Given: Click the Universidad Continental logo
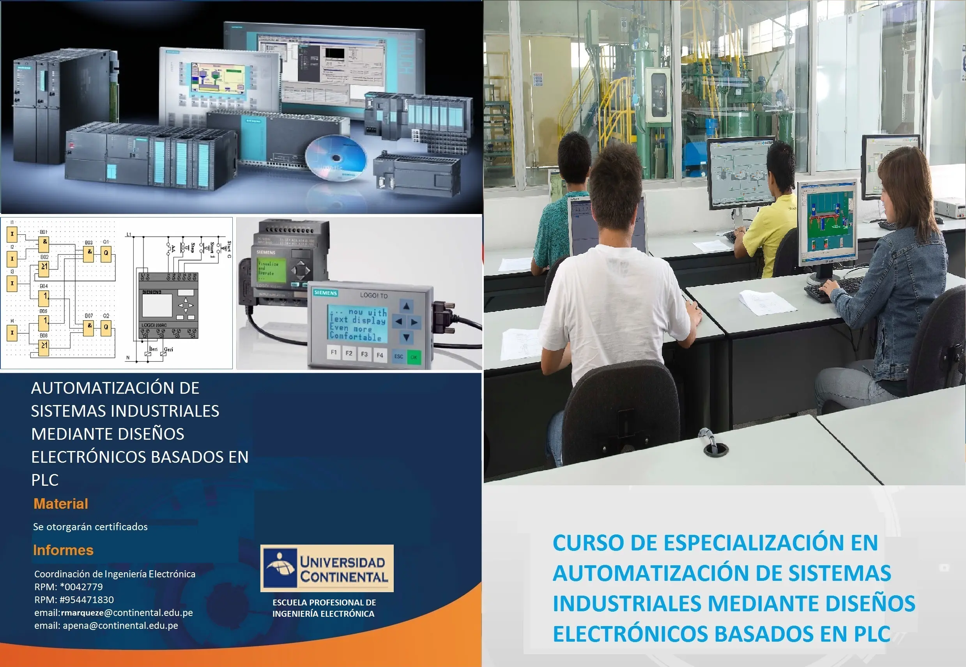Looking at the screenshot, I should (327, 568).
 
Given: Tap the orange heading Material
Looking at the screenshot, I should (60, 504).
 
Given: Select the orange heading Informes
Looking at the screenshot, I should (63, 550).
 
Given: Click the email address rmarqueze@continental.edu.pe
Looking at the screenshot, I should (127, 613).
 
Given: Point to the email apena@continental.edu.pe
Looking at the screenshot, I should (120, 626).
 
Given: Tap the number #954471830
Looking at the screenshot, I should (87, 600).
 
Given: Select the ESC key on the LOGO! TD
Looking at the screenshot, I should (398, 356).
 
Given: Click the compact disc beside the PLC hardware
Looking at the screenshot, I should (336, 158).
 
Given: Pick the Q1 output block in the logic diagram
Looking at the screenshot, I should (106, 253).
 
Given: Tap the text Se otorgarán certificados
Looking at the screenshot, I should (90, 527).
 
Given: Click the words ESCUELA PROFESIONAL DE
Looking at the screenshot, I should (324, 602).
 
